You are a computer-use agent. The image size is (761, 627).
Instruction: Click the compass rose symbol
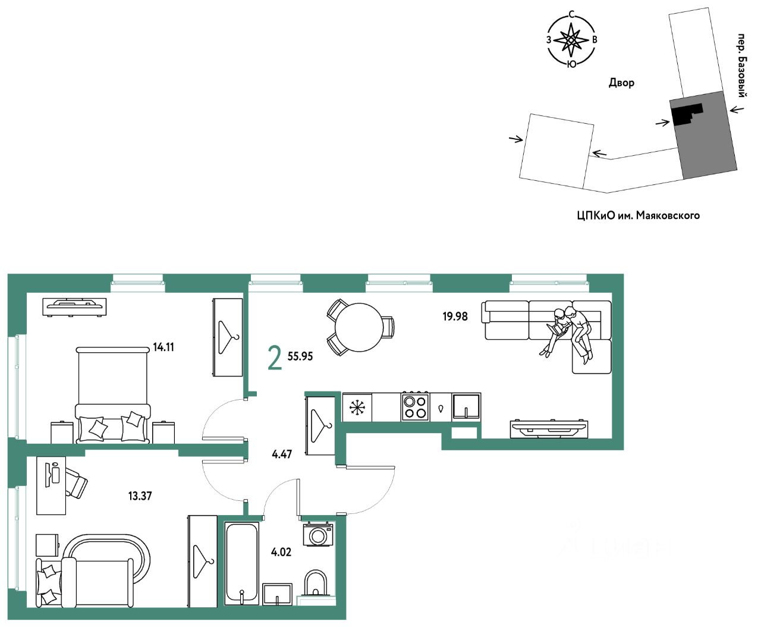point(571,40)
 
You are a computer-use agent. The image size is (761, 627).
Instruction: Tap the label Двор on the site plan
point(621,83)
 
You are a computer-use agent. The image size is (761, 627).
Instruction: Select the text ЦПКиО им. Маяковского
point(638,215)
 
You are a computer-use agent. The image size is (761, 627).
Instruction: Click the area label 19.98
point(455,316)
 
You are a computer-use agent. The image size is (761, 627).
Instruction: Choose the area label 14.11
point(163,347)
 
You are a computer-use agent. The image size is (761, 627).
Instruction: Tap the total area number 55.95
point(300,356)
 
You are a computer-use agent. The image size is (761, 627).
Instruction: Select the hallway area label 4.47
point(282,454)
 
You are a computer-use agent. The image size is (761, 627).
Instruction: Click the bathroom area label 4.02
point(281,552)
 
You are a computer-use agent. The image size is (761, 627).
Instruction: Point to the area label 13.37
point(140,496)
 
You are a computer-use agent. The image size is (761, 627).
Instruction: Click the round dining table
point(359,328)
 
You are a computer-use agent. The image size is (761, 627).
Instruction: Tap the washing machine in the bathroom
point(318,535)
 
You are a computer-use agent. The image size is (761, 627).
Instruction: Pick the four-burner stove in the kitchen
point(415,407)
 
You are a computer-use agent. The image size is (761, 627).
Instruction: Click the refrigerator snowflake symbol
point(357,407)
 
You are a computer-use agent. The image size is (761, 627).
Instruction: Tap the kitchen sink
point(466,407)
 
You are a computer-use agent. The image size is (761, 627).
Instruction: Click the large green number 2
point(275,358)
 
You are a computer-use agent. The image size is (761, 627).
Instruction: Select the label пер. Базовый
point(741,65)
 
